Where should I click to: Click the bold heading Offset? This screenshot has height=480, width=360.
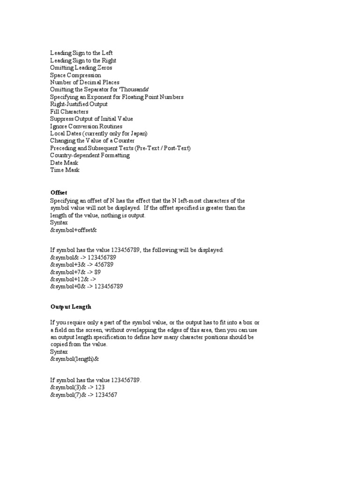[x=59, y=193]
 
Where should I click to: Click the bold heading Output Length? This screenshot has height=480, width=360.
[x=71, y=307]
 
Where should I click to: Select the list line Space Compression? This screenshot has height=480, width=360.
[x=75, y=75]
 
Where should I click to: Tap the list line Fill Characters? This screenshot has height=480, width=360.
[x=69, y=112]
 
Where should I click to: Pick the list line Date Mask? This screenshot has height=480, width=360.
[x=65, y=163]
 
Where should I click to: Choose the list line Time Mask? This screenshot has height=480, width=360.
[x=65, y=170]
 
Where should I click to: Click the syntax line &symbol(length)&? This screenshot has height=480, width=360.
[x=75, y=359]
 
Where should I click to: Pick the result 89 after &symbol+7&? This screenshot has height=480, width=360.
[x=97, y=272]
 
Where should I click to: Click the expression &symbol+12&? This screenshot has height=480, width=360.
[x=68, y=279]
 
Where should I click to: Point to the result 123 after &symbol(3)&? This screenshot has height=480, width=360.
[x=100, y=388]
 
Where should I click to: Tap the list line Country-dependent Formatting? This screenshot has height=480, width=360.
[x=90, y=155]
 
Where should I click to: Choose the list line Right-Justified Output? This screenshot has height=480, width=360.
[x=79, y=104]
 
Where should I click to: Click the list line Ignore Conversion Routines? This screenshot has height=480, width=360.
[x=86, y=126]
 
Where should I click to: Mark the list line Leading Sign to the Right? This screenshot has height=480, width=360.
[x=83, y=60]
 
